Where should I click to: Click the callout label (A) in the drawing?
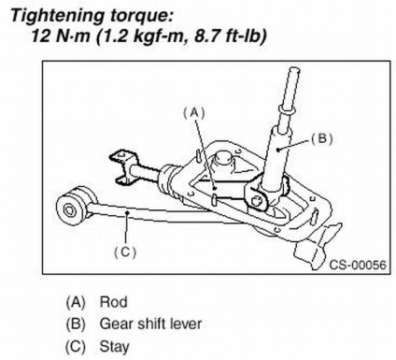pos(194,113)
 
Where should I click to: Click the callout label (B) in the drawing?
pos(322,138)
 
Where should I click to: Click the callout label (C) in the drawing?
pos(125,252)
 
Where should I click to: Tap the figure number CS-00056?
pos(358,265)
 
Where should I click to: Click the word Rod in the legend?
pos(113,302)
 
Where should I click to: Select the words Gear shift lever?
pos(150,324)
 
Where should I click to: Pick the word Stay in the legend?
pos(114,346)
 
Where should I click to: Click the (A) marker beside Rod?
pos(75,302)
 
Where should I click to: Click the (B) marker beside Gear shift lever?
pos(75,324)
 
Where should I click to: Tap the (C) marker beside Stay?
pos(75,346)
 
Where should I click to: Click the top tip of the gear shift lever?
pos(294,69)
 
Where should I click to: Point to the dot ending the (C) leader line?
pos(127,212)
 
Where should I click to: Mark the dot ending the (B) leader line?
pos(278,150)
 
